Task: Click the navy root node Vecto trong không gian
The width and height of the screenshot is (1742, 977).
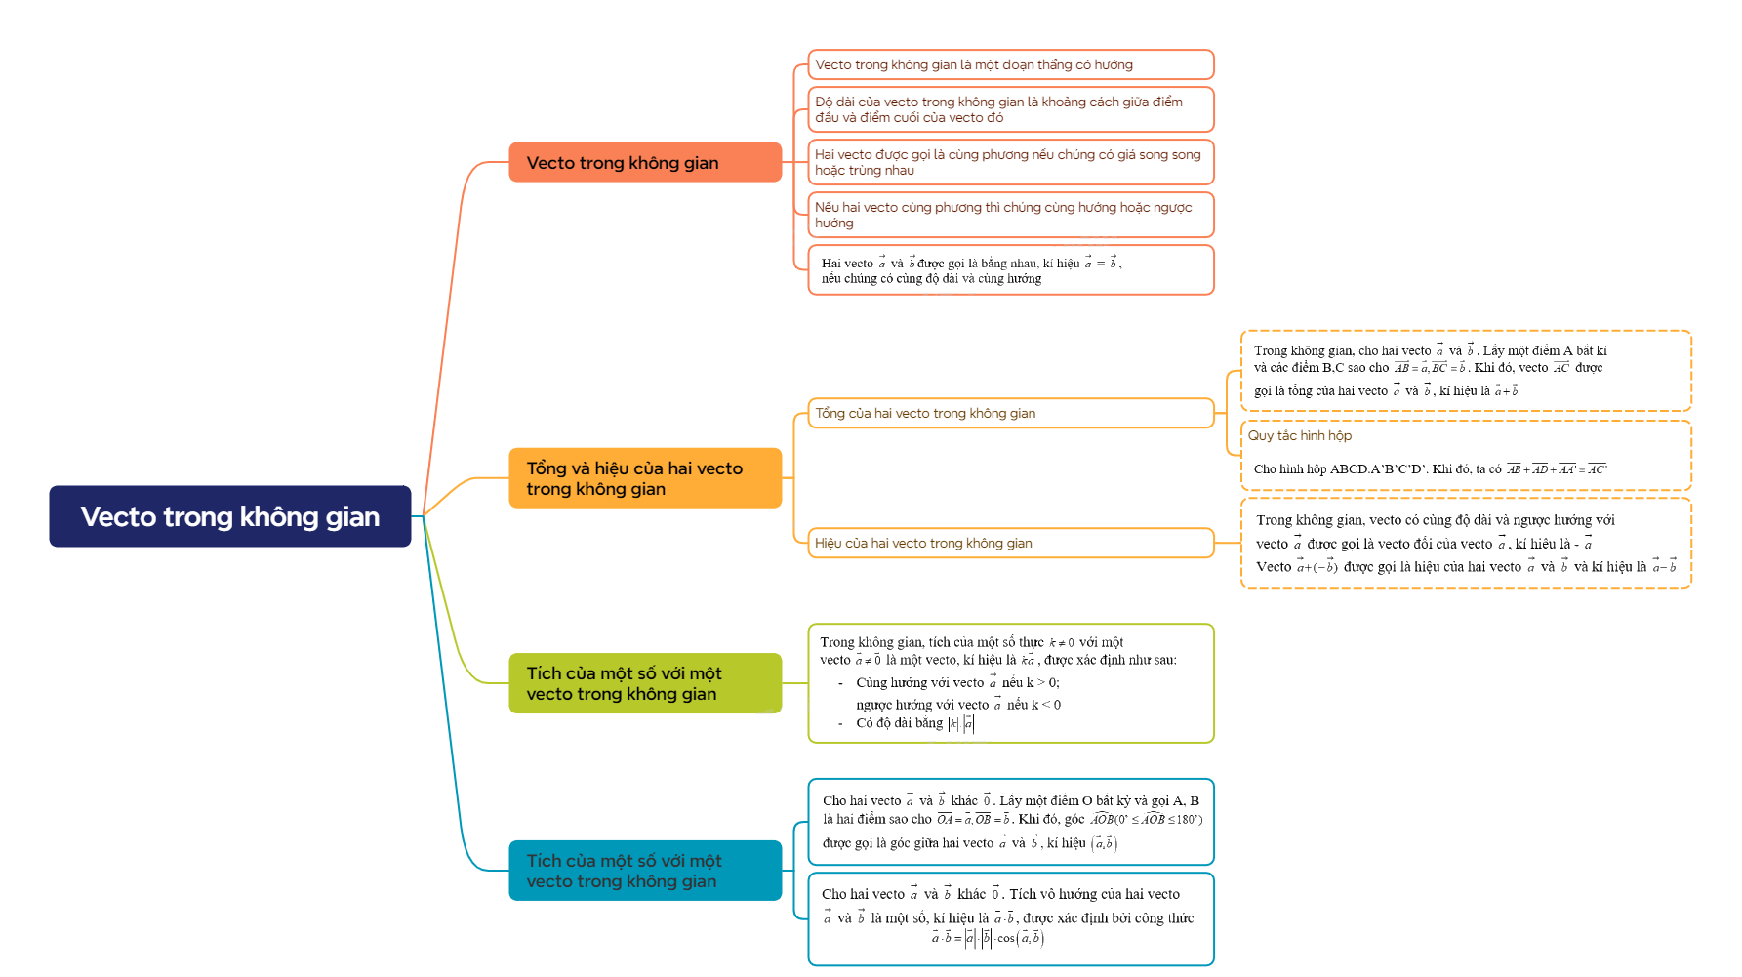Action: click(x=230, y=516)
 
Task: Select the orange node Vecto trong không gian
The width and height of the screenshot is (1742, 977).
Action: click(x=645, y=163)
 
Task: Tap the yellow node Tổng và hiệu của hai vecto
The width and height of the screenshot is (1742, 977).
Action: click(x=645, y=478)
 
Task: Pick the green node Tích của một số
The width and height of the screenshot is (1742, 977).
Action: click(x=645, y=683)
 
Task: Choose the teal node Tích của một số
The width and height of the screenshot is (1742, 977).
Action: click(x=645, y=871)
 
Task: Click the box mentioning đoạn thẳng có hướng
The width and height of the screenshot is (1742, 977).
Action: click(x=1010, y=65)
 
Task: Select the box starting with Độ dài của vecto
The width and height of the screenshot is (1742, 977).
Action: click(x=1010, y=109)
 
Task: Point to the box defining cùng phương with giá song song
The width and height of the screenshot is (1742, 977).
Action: click(x=1010, y=162)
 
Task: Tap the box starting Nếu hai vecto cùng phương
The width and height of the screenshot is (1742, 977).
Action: click(x=1010, y=215)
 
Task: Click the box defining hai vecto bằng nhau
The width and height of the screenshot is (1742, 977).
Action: click(x=1010, y=270)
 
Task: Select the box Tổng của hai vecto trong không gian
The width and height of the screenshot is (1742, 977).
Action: click(x=1010, y=414)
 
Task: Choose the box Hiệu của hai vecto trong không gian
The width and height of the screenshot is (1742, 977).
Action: click(x=1010, y=544)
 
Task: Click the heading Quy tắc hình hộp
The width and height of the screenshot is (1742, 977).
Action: click(x=1300, y=436)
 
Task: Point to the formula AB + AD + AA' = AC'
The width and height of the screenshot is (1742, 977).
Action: click(x=1557, y=469)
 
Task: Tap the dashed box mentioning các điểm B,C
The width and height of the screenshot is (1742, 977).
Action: click(x=1464, y=371)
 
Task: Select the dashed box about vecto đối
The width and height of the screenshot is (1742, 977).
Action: click(x=1464, y=544)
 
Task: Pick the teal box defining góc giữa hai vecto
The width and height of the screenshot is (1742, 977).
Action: click(x=1010, y=822)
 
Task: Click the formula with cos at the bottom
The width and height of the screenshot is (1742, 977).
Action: click(x=988, y=938)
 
